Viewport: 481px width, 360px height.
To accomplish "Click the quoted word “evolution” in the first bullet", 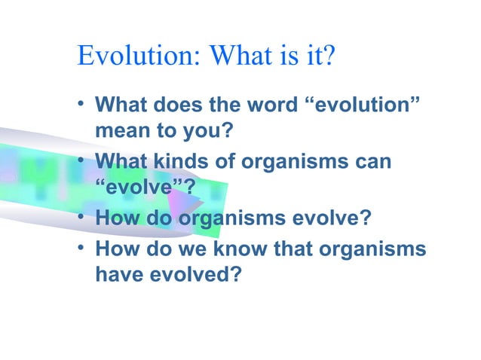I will [x=361, y=105].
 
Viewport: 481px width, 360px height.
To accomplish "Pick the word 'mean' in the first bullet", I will [x=119, y=131].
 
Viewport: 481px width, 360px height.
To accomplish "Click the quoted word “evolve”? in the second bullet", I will [x=140, y=188].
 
